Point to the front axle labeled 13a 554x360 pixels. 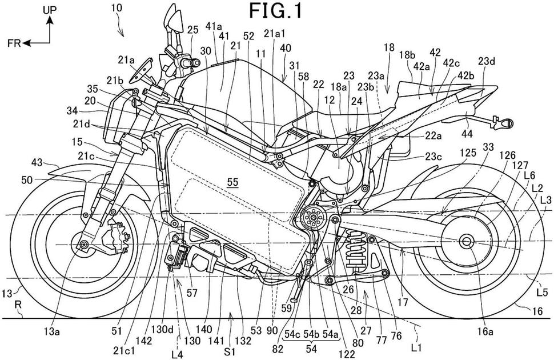[x=85, y=246]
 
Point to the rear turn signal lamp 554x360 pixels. [x=503, y=122]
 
